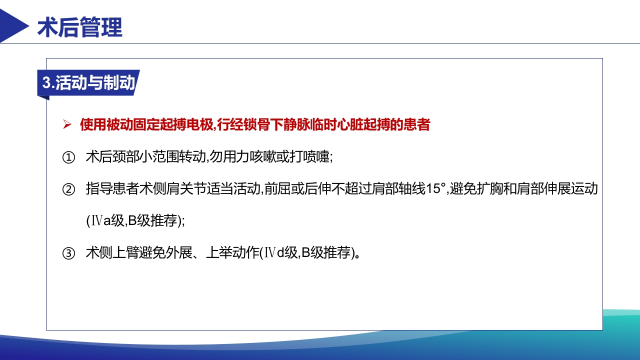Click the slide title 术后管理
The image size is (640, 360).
[x=80, y=28]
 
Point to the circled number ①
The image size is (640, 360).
[x=68, y=157]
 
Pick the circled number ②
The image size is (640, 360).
[x=68, y=190]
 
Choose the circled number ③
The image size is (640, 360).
[x=68, y=253]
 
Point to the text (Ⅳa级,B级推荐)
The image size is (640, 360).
[x=135, y=221]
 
